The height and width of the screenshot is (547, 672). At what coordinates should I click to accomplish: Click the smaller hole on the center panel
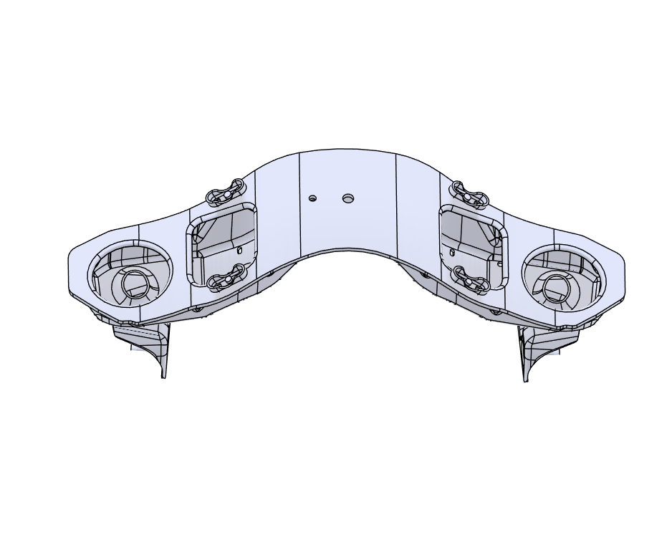coord(312,198)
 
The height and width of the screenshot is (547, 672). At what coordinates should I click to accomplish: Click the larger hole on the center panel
coord(348,197)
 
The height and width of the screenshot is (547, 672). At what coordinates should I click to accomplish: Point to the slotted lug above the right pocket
coord(468,193)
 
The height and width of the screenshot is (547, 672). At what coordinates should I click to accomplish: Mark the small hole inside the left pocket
coord(240,251)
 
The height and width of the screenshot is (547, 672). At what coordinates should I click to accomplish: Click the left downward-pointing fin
coord(162,354)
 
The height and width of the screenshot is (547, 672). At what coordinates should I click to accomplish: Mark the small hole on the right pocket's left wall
coord(452,251)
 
